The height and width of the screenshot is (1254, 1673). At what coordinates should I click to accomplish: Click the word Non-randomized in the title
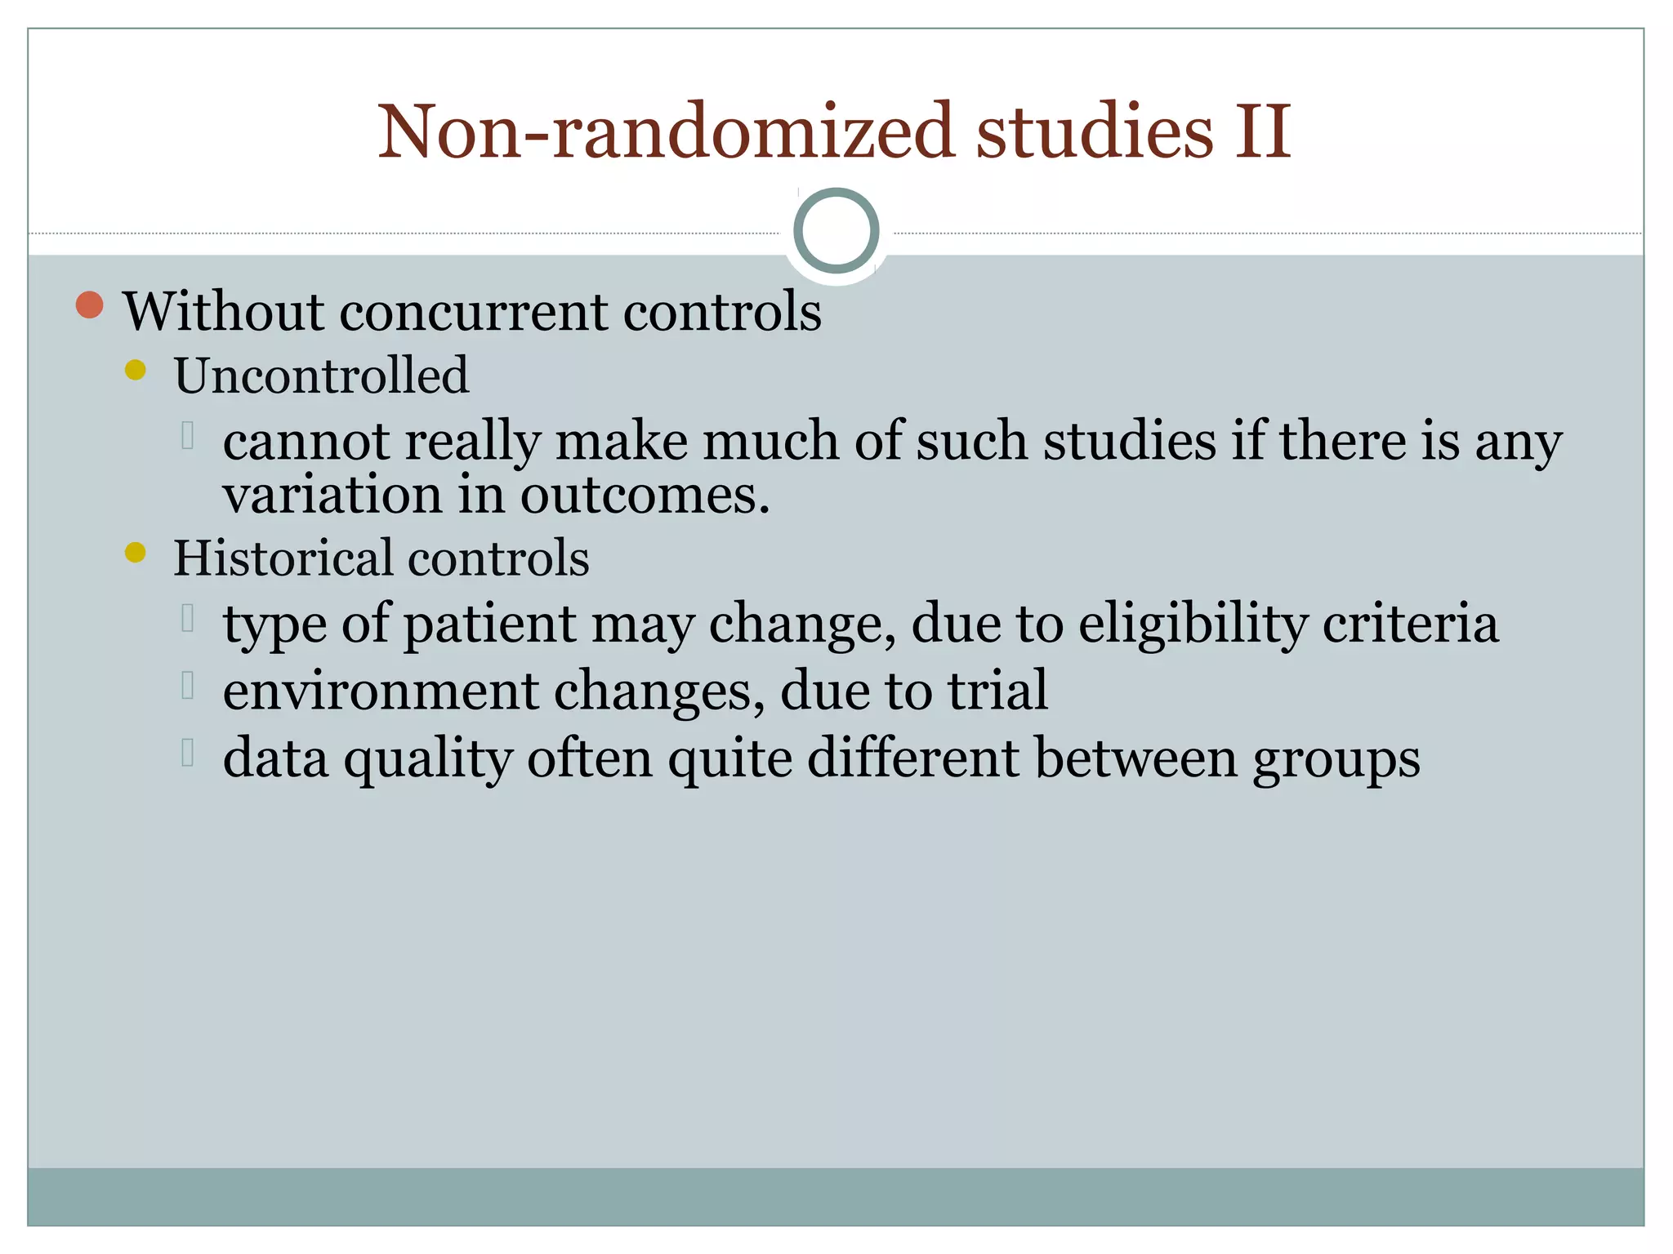[x=666, y=132]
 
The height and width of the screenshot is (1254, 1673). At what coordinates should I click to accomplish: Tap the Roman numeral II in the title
[x=1262, y=132]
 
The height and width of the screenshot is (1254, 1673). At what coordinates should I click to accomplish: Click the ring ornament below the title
[x=836, y=231]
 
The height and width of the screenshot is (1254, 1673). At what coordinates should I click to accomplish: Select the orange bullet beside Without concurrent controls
[x=90, y=305]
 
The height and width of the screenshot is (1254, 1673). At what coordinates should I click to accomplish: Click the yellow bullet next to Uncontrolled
[x=136, y=371]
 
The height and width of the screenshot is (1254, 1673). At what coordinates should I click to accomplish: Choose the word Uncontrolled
[x=321, y=376]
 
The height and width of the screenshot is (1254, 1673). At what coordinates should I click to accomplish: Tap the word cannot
[x=306, y=442]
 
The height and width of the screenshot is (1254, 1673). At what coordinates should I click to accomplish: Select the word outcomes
[x=645, y=495]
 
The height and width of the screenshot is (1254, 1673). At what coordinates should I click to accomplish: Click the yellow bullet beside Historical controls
[x=136, y=554]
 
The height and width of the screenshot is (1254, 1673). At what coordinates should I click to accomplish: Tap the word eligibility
[x=1193, y=625]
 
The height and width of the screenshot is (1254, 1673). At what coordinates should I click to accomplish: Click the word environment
[x=381, y=691]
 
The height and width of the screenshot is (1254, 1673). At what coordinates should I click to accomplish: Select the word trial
[x=997, y=690]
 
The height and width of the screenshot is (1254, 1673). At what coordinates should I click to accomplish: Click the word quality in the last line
[x=427, y=759]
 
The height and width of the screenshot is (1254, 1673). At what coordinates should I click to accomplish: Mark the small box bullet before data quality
[x=188, y=753]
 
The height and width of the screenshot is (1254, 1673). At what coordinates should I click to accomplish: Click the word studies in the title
[x=1095, y=132]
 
